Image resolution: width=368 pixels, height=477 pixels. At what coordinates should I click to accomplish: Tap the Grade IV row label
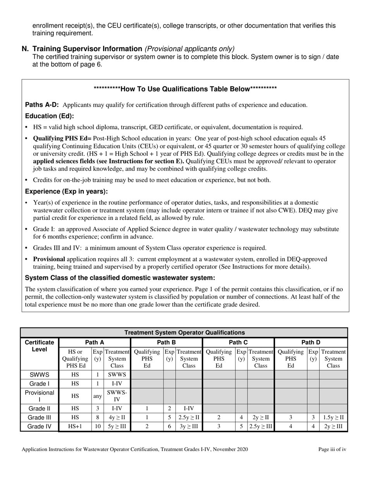tap(39, 427)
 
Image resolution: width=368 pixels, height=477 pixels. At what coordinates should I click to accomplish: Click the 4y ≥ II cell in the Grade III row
tap(117, 418)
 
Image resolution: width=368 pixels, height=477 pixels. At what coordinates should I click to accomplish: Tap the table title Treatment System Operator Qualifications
tap(184, 332)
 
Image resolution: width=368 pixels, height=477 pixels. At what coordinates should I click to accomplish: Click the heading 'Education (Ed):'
tap(49, 116)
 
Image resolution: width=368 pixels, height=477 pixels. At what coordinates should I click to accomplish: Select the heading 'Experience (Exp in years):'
tap(66, 192)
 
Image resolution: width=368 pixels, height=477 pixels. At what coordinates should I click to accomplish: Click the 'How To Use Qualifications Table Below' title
tap(185, 89)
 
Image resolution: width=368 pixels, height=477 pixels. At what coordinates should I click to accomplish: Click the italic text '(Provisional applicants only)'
tap(189, 49)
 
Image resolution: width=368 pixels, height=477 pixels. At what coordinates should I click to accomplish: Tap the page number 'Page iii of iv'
tap(332, 449)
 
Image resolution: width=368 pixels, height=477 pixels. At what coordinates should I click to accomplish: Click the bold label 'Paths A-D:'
tap(42, 105)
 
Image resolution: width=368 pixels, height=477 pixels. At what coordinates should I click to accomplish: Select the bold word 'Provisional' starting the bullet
tap(49, 259)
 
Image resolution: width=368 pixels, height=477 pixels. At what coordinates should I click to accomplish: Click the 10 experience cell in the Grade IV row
tap(98, 427)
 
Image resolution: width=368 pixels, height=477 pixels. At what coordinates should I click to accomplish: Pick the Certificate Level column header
tap(39, 346)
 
